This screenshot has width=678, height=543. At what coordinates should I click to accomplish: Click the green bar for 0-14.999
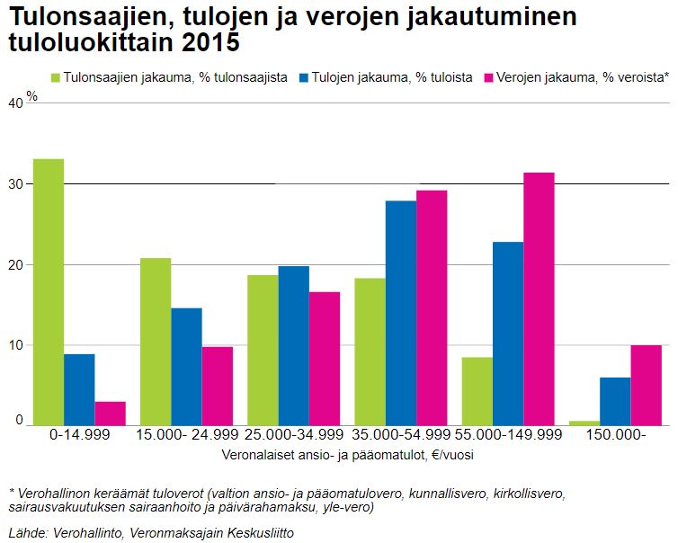[49, 292]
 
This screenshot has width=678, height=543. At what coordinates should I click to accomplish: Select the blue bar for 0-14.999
[79, 389]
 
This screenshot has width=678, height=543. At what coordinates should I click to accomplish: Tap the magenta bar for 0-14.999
[110, 413]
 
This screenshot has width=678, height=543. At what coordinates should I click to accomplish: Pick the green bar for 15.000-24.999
[156, 342]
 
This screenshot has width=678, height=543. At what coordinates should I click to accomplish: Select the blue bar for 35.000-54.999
[401, 313]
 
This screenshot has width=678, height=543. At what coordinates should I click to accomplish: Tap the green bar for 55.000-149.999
[477, 391]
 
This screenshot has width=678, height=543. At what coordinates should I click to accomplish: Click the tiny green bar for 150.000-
[584, 423]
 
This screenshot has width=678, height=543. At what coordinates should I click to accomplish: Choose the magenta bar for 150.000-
[646, 385]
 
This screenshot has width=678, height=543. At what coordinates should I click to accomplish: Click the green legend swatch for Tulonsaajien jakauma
[58, 78]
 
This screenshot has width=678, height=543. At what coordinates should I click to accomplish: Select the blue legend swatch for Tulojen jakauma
[303, 78]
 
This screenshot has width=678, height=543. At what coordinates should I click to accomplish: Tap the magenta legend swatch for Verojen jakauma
[490, 78]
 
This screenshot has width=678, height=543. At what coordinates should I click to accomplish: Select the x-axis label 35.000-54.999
[401, 435]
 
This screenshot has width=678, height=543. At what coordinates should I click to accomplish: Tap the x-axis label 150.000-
[615, 435]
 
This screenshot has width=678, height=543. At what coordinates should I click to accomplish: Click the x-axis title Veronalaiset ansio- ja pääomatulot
[347, 455]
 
